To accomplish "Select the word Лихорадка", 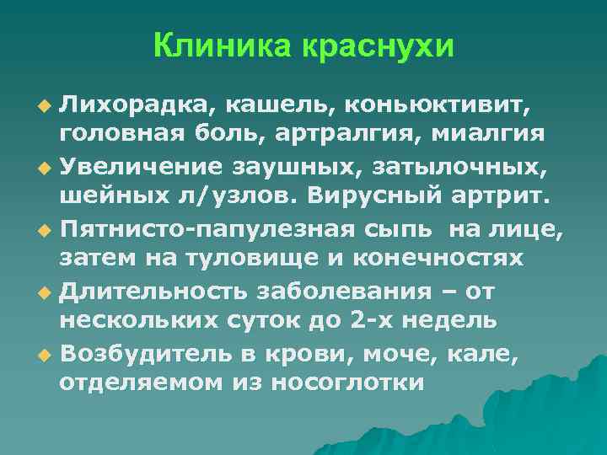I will (x=128, y=106).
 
